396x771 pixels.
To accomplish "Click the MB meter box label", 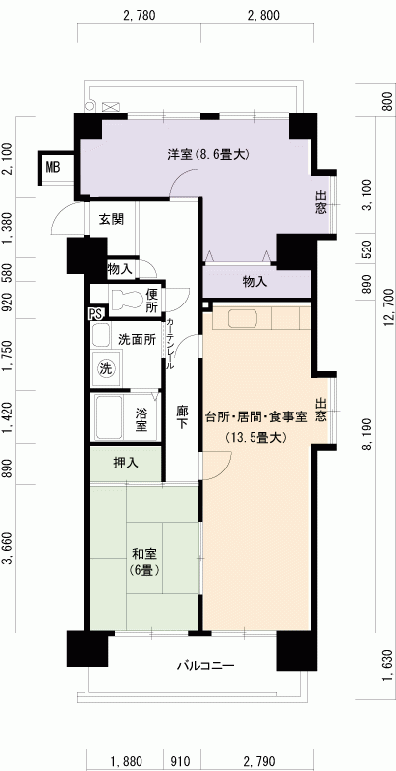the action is (53, 168).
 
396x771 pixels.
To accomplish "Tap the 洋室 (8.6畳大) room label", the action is (208, 155).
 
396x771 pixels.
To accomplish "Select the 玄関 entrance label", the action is (112, 219).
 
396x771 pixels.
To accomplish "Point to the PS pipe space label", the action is (95, 314).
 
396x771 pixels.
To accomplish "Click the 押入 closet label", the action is (125, 463).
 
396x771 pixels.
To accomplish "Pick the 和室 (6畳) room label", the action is (144, 561).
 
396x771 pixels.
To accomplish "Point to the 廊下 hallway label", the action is (182, 417).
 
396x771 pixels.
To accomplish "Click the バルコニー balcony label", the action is (205, 666).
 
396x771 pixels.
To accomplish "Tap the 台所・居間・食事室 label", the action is (256, 418).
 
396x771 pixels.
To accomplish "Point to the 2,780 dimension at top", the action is (140, 16).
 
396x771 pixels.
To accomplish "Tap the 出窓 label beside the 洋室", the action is (320, 202).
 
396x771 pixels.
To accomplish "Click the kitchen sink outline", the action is (241, 318).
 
